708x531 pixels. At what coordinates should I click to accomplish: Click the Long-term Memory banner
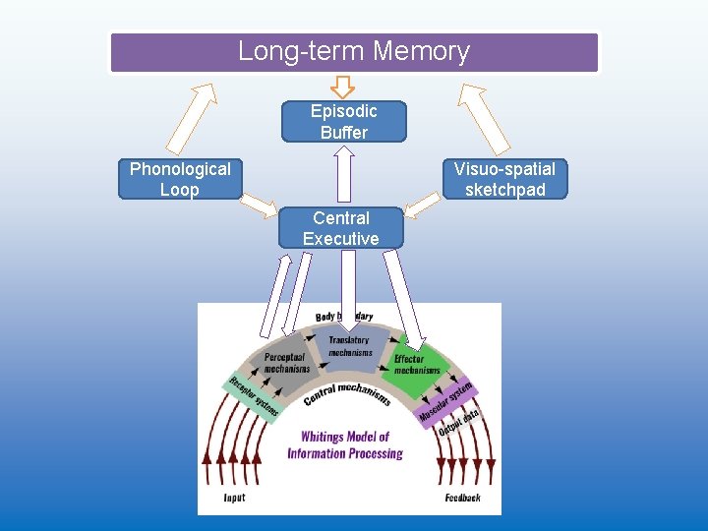[x=354, y=52]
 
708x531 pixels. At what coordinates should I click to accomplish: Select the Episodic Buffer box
[x=343, y=122]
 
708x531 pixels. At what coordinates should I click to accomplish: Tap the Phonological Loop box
[x=180, y=180]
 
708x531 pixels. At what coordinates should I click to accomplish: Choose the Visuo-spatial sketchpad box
[x=504, y=180]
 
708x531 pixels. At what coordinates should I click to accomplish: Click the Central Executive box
[x=340, y=228]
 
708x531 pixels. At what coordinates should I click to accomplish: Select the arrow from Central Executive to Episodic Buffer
[x=343, y=174]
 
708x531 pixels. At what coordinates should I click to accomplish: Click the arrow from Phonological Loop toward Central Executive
[x=260, y=205]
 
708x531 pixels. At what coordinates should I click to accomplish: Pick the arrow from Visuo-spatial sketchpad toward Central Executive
[x=422, y=205]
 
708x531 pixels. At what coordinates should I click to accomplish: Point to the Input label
[x=234, y=499]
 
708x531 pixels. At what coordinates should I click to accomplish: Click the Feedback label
[x=462, y=499]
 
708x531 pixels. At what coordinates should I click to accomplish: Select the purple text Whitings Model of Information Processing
[x=345, y=445]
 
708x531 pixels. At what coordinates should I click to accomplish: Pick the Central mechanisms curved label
[x=347, y=392]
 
